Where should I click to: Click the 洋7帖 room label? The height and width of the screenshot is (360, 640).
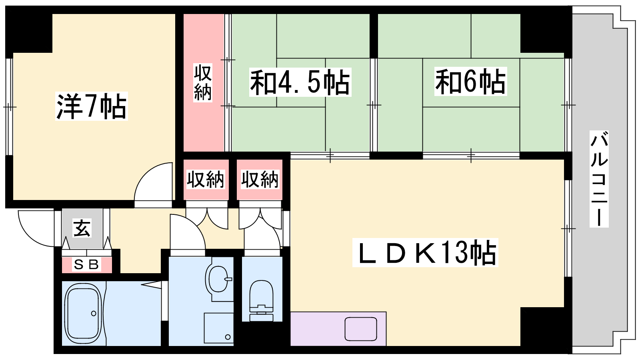tap(92, 106)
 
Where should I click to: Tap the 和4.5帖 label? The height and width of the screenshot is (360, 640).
tap(300, 82)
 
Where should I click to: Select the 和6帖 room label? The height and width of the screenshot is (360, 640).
tap(470, 81)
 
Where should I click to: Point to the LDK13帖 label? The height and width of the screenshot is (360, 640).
tap(425, 252)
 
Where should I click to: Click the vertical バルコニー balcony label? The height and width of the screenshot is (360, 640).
tap(599, 179)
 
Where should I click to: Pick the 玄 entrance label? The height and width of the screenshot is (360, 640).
tap(82, 228)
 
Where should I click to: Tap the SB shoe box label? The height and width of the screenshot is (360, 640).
tap(86, 264)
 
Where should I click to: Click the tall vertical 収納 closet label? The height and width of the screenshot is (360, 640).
tap(202, 82)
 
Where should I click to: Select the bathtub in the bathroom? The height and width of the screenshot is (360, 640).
tap(83, 314)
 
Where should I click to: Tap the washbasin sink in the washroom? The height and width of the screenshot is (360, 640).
tap(218, 279)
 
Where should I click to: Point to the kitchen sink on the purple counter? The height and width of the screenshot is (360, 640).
tap(360, 329)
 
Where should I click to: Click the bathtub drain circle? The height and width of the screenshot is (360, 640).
tap(94, 314)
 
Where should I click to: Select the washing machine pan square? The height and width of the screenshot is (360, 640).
tap(218, 328)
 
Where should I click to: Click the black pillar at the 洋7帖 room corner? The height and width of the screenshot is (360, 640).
tap(28, 33)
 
